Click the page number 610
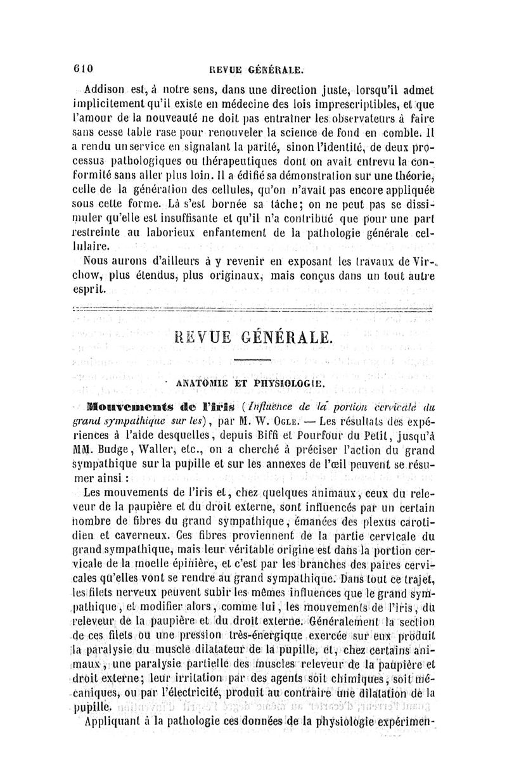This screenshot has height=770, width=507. click(82, 68)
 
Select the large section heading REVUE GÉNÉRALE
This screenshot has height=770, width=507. click(253, 337)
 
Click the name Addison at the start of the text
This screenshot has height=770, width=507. click(105, 86)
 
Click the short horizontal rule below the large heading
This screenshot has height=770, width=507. click(253, 361)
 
